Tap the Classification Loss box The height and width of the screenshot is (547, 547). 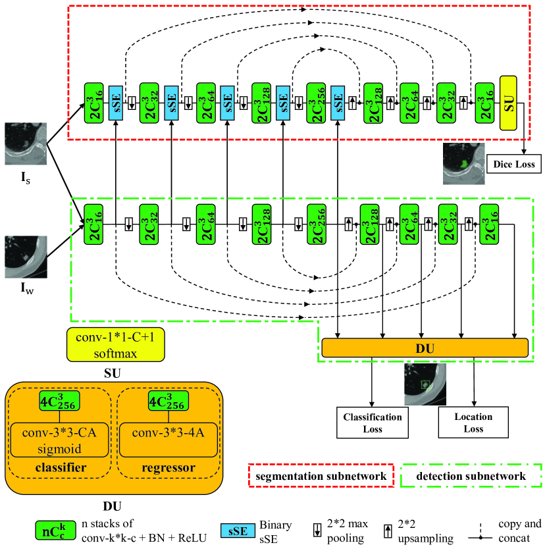[x=372, y=422]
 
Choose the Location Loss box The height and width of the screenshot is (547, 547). [x=473, y=422]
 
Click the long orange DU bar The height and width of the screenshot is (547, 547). [x=425, y=348]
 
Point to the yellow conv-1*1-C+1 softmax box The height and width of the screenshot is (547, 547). [x=115, y=345]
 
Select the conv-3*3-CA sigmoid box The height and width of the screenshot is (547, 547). [x=59, y=439]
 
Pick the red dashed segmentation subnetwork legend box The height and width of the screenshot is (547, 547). [x=320, y=475]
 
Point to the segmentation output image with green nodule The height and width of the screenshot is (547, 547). [x=463, y=163]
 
